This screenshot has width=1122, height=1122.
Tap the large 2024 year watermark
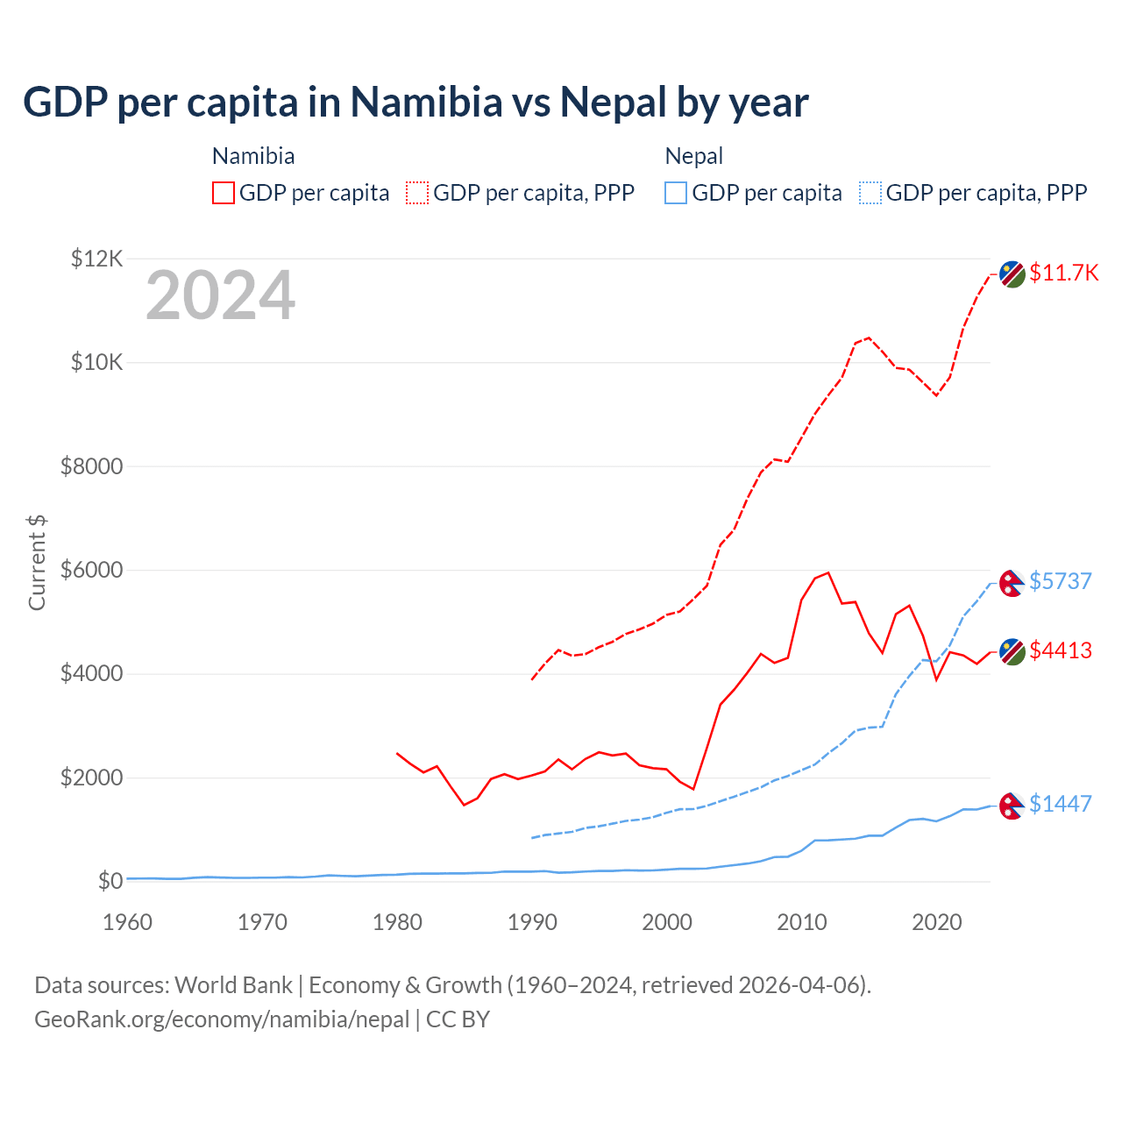pyautogui.click(x=220, y=296)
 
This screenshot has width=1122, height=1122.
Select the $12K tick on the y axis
pyautogui.click(x=97, y=259)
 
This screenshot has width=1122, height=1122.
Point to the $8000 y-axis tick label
pyautogui.click(x=92, y=466)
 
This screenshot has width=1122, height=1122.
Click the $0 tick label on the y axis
pyautogui.click(x=110, y=881)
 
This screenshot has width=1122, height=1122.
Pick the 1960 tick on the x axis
pyautogui.click(x=128, y=922)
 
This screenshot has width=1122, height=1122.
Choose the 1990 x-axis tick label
pyautogui.click(x=532, y=922)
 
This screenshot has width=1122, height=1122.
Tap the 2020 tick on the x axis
pyautogui.click(x=937, y=922)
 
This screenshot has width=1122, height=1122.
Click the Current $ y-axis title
pyautogui.click(x=37, y=563)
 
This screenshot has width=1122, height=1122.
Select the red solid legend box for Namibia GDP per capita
pyautogui.click(x=224, y=193)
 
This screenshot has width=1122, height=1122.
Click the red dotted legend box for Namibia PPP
pyautogui.click(x=417, y=193)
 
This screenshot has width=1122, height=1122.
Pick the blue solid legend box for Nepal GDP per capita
pyautogui.click(x=676, y=193)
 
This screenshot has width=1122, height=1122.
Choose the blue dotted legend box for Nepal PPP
pyautogui.click(x=870, y=193)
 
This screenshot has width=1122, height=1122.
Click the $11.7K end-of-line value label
pyautogui.click(x=1063, y=273)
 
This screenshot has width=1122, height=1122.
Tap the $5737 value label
pyautogui.click(x=1060, y=581)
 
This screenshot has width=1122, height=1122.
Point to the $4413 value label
pyautogui.click(x=1060, y=650)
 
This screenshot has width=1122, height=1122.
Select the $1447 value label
pyautogui.click(x=1060, y=804)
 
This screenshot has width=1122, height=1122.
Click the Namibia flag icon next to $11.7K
pyautogui.click(x=1012, y=273)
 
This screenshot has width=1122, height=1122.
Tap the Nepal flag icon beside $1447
pyautogui.click(x=1012, y=805)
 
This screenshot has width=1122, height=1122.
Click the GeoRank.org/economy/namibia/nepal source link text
pyautogui.click(x=222, y=1019)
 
